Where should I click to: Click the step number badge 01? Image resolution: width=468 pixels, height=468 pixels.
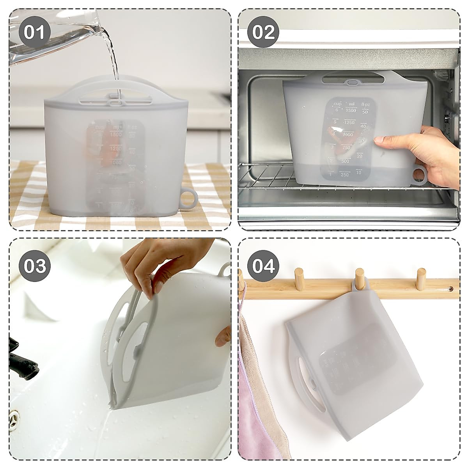click(x=34, y=32)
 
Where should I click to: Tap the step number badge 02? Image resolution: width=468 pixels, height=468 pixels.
click(x=264, y=32)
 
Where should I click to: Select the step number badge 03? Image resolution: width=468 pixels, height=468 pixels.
click(x=34, y=266)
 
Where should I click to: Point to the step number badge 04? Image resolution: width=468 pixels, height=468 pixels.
click(x=264, y=266)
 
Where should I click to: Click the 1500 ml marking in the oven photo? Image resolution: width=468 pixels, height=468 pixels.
click(x=351, y=110)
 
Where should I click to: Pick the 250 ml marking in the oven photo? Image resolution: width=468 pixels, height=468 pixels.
click(x=344, y=175)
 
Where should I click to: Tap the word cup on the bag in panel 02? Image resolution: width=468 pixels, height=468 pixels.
click(x=337, y=104)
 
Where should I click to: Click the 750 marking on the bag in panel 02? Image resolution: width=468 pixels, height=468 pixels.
click(x=346, y=148)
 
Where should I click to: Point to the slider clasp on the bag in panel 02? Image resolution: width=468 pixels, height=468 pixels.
click(x=352, y=83)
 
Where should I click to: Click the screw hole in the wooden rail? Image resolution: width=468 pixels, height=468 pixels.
click(x=450, y=289)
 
